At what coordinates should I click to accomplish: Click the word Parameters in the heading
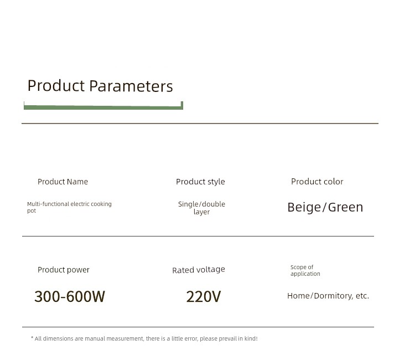tap(131, 86)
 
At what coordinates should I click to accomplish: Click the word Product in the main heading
tap(56, 85)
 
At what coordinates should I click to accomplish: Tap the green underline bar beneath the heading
tap(103, 107)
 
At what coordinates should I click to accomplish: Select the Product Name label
tap(63, 182)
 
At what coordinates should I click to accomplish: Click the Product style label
tap(200, 182)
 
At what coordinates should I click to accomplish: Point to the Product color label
tap(317, 182)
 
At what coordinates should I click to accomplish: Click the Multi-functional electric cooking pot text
tap(69, 207)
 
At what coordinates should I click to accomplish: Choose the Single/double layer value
tap(201, 208)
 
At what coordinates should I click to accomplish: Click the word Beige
tap(304, 207)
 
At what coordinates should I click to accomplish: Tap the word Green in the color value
tap(345, 207)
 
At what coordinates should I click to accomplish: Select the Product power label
tap(64, 270)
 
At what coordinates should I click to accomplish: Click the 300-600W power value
tap(70, 296)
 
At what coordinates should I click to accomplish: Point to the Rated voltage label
tap(199, 270)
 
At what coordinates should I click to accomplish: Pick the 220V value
tap(204, 296)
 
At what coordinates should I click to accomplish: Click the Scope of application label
tap(305, 270)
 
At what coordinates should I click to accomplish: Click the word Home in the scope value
tap(298, 296)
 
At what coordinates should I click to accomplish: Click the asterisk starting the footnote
tap(32, 337)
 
